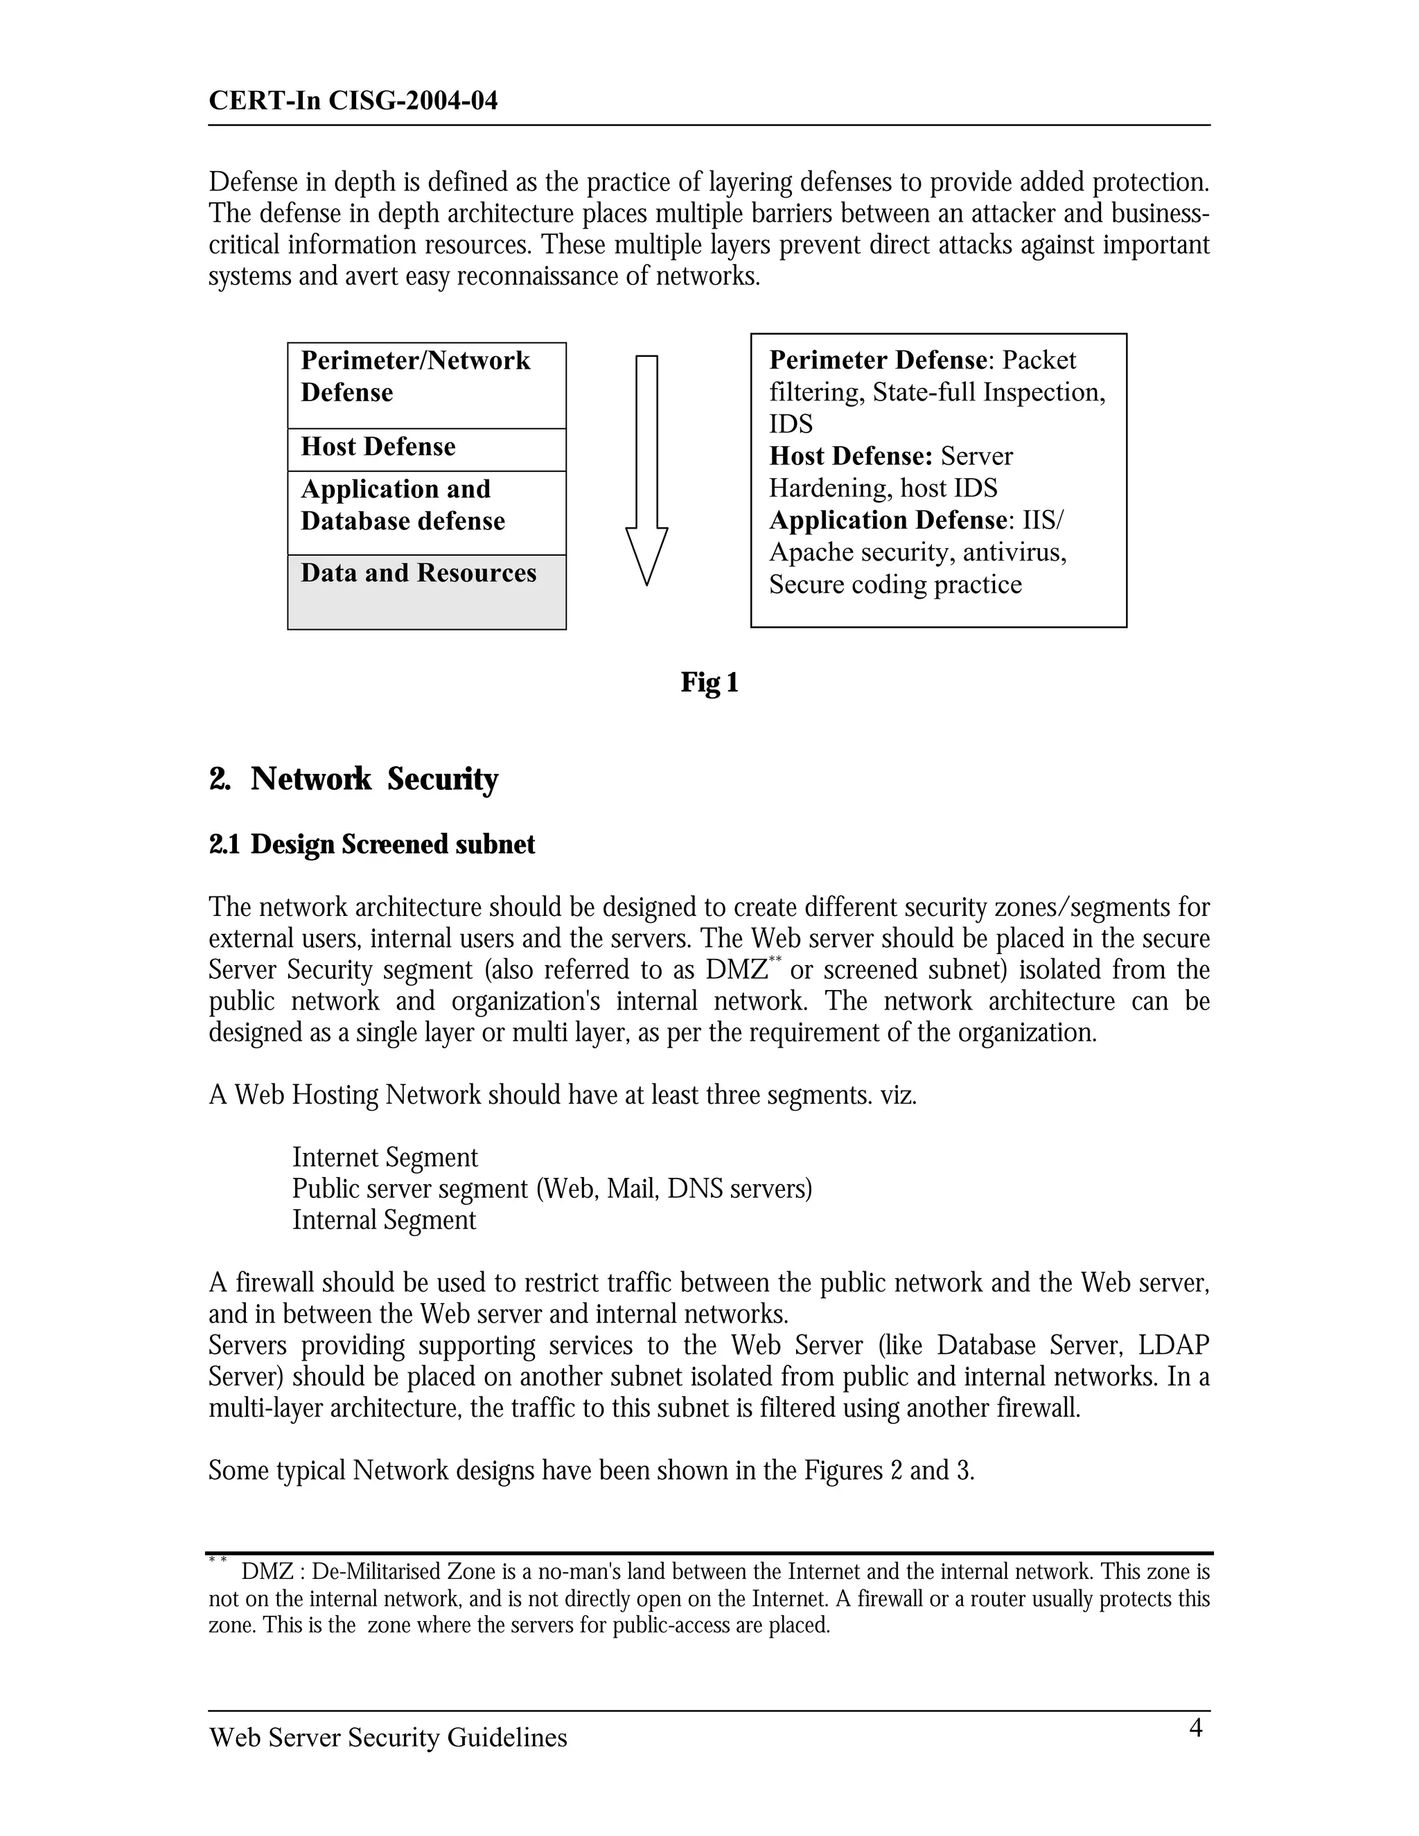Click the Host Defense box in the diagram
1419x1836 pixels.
(426, 449)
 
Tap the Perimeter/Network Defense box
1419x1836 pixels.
(426, 385)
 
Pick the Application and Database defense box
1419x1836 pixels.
(426, 512)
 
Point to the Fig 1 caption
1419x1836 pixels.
(709, 682)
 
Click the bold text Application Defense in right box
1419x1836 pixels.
(888, 520)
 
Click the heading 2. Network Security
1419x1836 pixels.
(353, 779)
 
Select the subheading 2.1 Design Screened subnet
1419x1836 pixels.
(371, 844)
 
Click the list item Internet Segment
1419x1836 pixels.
(385, 1157)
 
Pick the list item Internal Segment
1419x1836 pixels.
(384, 1220)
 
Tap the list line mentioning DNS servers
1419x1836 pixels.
(552, 1189)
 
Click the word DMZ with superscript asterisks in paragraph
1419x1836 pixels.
(737, 970)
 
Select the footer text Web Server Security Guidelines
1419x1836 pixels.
(387, 1737)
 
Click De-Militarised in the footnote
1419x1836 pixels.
(377, 1571)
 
